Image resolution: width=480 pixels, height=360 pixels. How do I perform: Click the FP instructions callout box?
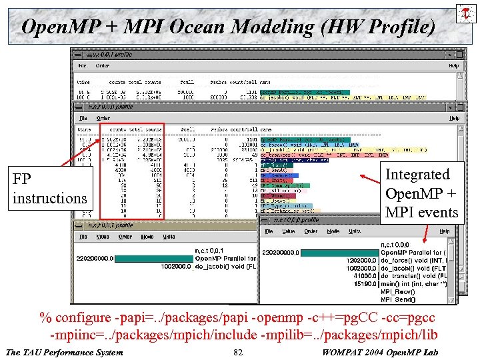point(50,189)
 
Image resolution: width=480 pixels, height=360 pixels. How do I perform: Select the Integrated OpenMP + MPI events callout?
point(421,193)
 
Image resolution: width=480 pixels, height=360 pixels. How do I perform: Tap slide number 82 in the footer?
point(238,352)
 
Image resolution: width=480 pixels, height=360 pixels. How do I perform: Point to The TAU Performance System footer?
point(64,352)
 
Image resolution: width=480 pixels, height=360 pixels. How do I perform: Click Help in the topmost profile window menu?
point(453,66)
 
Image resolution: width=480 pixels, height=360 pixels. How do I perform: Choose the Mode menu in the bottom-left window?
point(147,236)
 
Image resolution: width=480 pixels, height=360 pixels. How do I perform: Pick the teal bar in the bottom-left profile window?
point(153,259)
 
